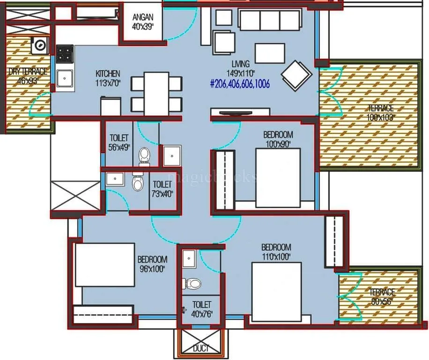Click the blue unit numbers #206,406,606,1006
click(240, 85)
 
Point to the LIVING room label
click(240, 68)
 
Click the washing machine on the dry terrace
click(40, 45)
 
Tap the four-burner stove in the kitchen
click(65, 54)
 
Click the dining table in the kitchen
click(156, 93)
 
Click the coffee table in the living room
click(270, 53)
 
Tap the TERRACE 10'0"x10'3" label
click(381, 113)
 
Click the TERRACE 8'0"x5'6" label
click(382, 296)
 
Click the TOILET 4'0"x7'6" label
click(201, 309)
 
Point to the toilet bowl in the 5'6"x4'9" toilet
click(145, 154)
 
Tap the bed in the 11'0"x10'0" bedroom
click(277, 291)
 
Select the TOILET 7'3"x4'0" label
click(162, 189)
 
